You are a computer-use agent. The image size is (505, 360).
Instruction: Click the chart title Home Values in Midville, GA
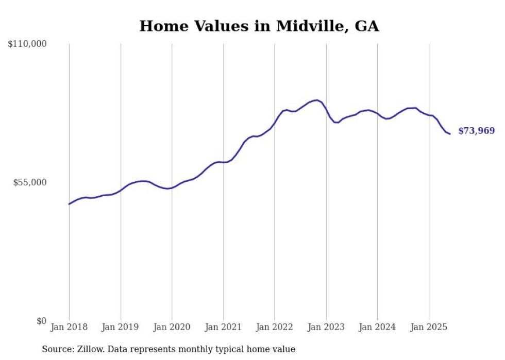pos(259,26)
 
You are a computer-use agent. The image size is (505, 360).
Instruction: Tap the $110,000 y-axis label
pos(27,44)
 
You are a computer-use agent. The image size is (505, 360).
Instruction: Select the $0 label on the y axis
pos(41,321)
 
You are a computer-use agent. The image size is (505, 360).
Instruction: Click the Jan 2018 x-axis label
pos(69,327)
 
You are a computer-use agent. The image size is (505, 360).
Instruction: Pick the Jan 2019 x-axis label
pos(121,327)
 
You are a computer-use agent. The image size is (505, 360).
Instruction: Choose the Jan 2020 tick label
pos(172,327)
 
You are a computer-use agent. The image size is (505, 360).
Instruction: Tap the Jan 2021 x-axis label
pos(223,327)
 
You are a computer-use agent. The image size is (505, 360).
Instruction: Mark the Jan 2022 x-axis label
pos(275,327)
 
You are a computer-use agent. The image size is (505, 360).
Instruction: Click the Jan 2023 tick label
pos(326,327)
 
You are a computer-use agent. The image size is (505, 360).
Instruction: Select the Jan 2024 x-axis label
pos(377,327)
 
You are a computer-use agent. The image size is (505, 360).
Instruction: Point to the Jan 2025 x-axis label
pos(428,327)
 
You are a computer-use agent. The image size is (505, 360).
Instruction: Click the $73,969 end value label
pos(476,131)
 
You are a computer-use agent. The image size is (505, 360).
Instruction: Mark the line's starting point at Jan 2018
pos(69,204)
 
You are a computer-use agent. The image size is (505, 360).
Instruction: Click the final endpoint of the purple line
pos(450,134)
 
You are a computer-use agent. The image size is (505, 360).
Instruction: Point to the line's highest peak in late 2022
pos(317,100)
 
